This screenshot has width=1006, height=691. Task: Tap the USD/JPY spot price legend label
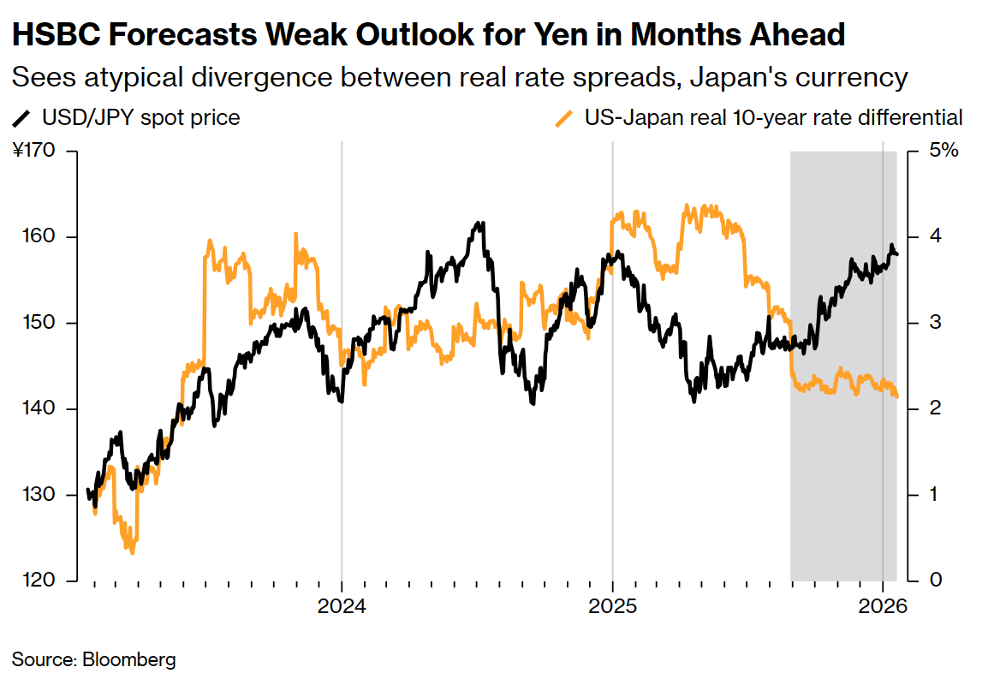click(140, 117)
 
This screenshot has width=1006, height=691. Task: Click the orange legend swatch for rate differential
click(564, 117)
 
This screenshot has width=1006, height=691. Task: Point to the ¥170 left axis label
click(34, 152)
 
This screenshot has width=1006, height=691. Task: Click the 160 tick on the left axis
click(39, 237)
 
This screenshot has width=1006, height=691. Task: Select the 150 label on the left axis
click(39, 323)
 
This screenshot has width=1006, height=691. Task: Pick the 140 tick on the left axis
click(39, 409)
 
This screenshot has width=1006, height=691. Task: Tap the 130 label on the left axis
click(39, 495)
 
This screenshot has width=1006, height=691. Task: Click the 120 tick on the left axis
click(39, 581)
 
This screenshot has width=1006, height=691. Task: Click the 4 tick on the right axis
click(936, 237)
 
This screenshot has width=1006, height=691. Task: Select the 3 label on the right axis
click(936, 323)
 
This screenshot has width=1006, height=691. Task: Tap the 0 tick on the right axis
click(936, 581)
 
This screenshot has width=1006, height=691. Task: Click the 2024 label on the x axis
click(342, 607)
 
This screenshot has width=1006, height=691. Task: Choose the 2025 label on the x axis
click(612, 607)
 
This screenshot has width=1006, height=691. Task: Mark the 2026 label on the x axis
click(883, 607)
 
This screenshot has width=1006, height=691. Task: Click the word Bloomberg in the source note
click(129, 660)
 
